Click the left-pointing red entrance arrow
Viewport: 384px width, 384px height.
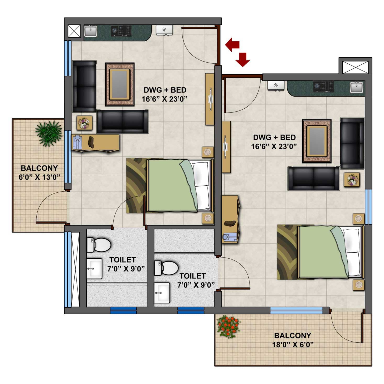click(232, 44)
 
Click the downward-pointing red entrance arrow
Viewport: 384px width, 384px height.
click(243, 59)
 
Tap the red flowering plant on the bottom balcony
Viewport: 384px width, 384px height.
click(229, 326)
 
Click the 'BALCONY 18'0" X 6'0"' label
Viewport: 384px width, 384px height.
click(293, 340)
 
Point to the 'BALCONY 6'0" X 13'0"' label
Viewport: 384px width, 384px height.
click(39, 172)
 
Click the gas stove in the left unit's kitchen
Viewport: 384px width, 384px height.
click(121, 31)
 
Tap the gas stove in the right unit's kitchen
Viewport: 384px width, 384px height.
click(324, 86)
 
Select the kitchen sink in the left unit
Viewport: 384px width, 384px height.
click(91, 31)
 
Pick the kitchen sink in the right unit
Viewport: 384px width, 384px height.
click(357, 87)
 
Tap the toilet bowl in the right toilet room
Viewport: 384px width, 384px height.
click(166, 268)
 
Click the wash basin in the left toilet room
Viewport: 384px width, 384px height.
click(94, 268)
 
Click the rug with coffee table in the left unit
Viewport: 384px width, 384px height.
click(120, 84)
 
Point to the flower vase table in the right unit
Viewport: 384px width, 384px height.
click(352, 180)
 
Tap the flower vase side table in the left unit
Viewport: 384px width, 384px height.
click(85, 123)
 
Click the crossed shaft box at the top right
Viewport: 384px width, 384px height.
click(355, 68)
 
